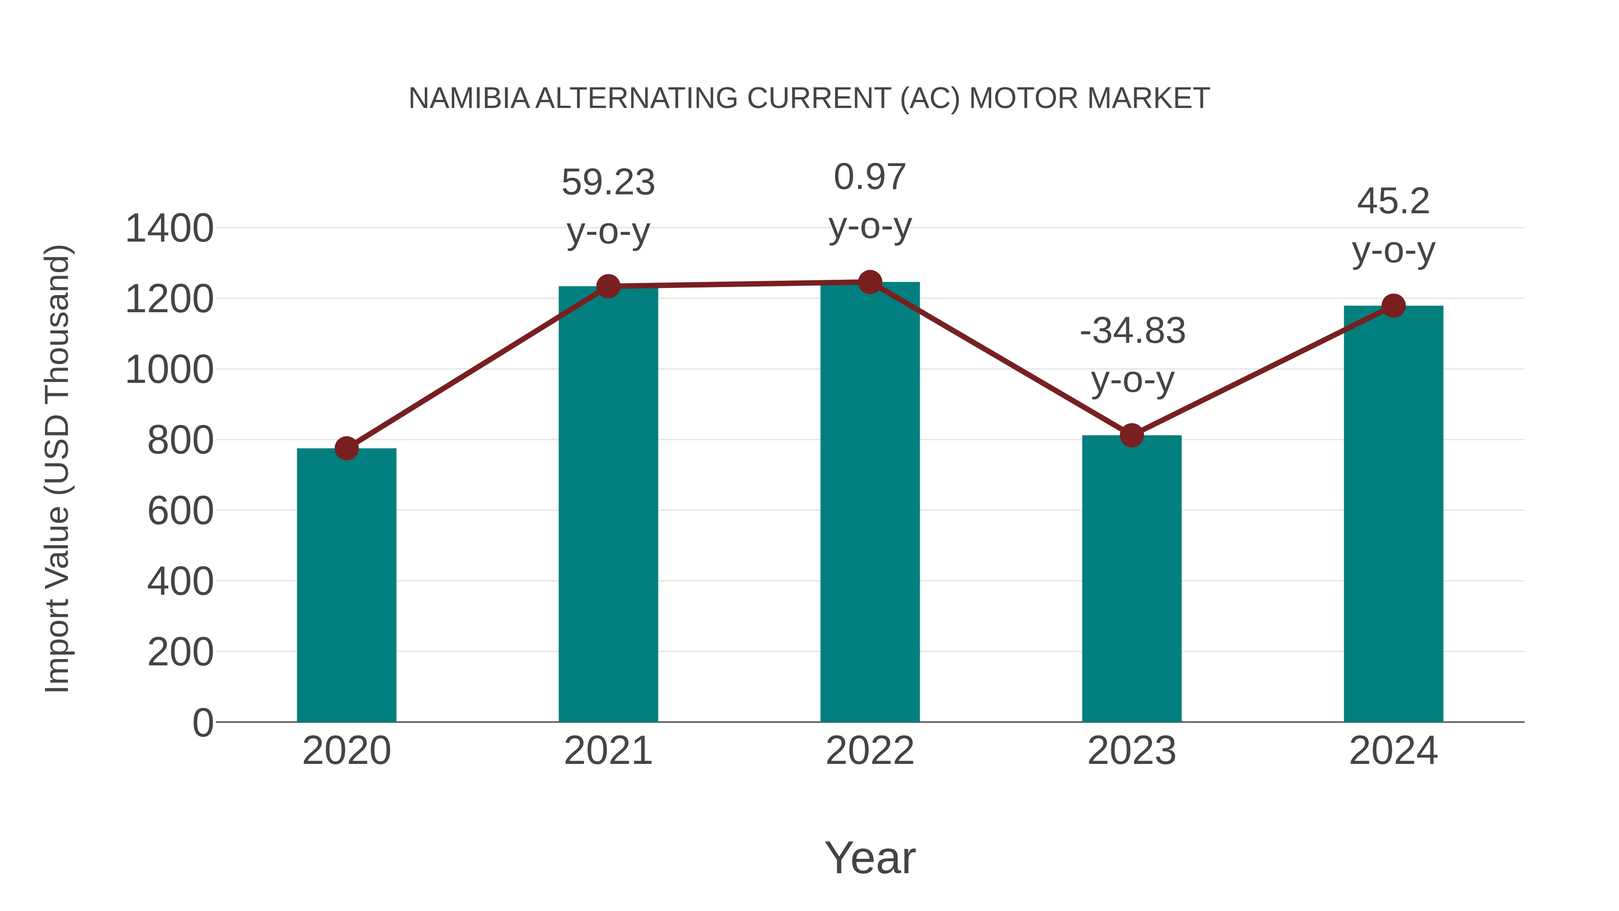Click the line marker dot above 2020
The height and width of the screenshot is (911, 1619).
tap(346, 448)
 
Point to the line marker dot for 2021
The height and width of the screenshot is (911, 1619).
tap(608, 287)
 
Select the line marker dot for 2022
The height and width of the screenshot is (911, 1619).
tap(870, 282)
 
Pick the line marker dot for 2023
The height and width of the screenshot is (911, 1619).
tap(1132, 435)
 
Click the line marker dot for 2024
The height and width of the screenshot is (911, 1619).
tap(1393, 306)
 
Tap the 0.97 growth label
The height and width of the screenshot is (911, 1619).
tap(870, 177)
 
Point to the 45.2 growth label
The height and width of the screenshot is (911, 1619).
tap(1393, 202)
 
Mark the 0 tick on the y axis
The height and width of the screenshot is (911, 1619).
tap(202, 723)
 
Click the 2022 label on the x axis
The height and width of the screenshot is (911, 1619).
tap(870, 751)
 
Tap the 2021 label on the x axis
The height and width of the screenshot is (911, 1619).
tap(608, 751)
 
